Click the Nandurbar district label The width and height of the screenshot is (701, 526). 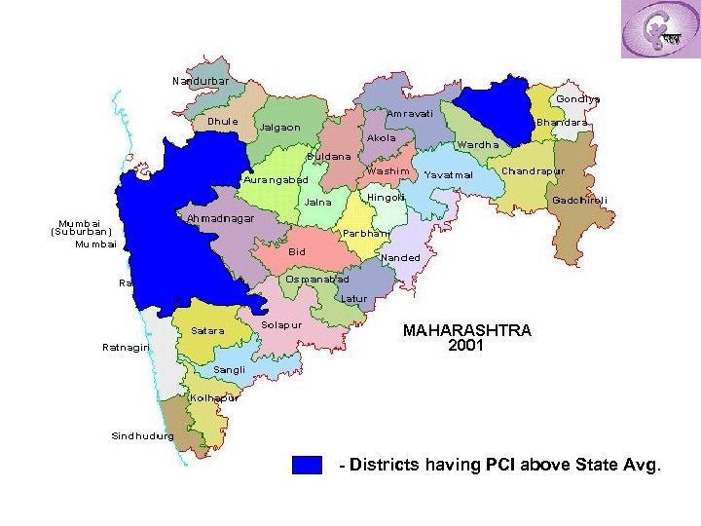click(201, 81)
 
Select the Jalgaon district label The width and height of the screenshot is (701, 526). click(279, 128)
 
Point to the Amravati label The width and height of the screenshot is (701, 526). click(409, 114)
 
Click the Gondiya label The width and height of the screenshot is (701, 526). click(578, 98)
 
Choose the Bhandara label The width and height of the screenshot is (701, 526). click(563, 123)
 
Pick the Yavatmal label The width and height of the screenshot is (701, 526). click(449, 175)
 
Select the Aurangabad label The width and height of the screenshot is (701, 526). click(276, 180)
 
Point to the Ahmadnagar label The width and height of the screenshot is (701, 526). click(220, 218)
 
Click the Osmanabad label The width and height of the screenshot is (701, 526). click(317, 280)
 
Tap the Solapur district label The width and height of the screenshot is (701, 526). click(282, 323)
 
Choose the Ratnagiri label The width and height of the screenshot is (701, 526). click(127, 348)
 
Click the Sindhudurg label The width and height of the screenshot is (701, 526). click(142, 435)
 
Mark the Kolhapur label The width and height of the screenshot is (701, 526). click(214, 398)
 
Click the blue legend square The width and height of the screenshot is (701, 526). click(307, 465)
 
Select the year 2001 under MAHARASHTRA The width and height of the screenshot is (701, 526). click(466, 345)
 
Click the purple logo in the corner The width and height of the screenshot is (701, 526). click(660, 30)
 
